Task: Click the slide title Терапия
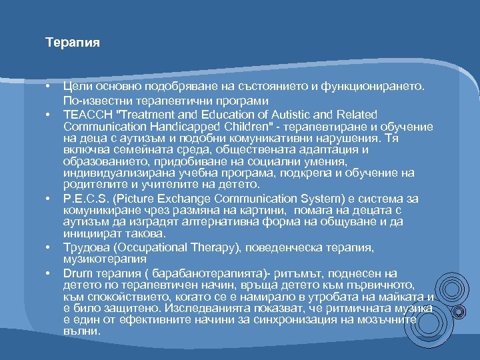73,43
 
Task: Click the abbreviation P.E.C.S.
85,198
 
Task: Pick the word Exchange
190,198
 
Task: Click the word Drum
77,273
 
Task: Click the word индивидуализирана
109,173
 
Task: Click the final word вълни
81,331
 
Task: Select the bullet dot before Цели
49,87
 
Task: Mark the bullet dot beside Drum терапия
49,273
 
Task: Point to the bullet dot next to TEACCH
49,115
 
